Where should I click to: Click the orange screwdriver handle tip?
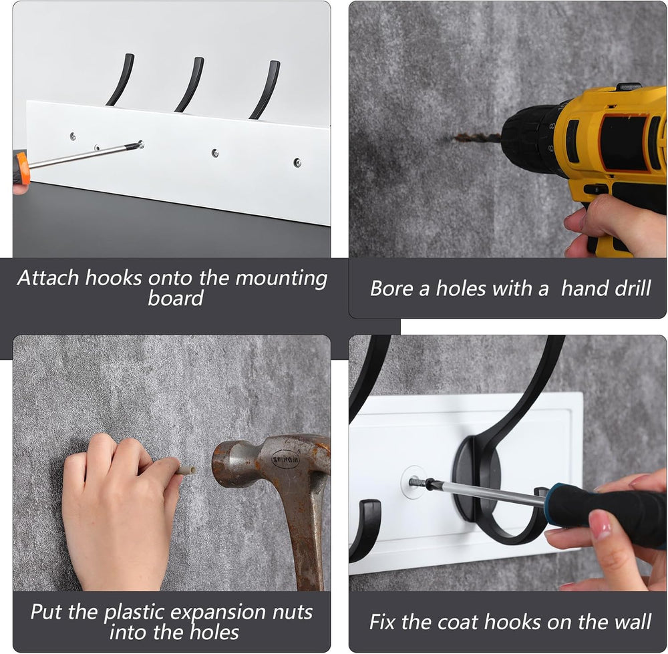click(23, 168)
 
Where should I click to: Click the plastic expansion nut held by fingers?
click(186, 470)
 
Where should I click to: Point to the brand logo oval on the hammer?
click(285, 460)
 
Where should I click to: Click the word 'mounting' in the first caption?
click(281, 279)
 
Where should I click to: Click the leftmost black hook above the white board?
click(120, 79)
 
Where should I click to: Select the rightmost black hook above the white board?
click(265, 90)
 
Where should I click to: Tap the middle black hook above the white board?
click(190, 84)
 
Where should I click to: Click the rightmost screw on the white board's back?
click(297, 162)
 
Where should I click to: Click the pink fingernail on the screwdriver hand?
click(601, 524)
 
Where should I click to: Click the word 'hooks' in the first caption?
click(114, 278)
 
